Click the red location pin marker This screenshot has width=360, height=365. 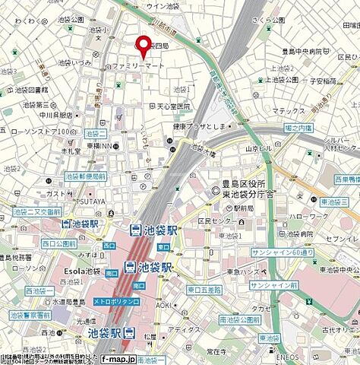tap(142, 46)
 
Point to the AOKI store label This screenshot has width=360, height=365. tap(165, 304)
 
